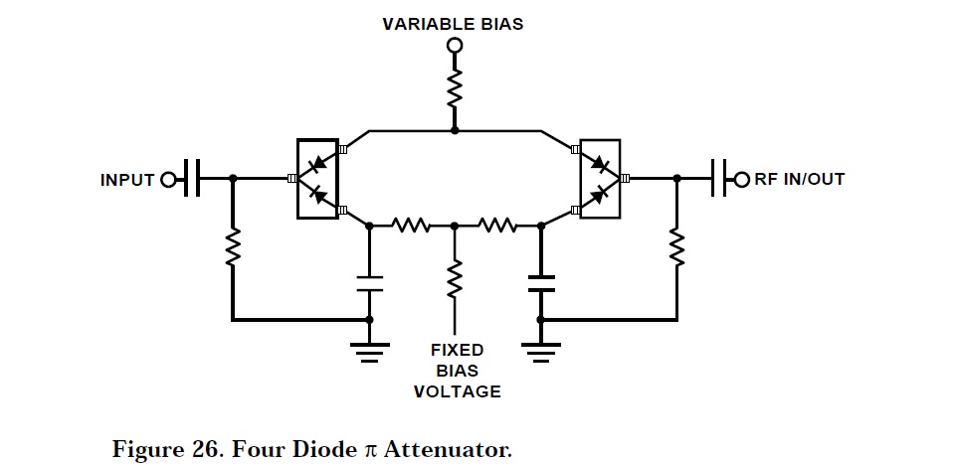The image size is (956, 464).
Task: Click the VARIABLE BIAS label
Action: coord(455,23)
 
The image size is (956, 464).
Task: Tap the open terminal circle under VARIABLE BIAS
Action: coord(455,46)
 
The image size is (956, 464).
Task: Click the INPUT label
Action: coord(127,180)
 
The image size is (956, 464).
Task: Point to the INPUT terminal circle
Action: coord(168,180)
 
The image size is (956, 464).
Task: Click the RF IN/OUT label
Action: coord(800,179)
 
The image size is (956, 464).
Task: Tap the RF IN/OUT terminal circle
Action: coord(740,180)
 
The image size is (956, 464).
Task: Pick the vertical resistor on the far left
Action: coord(233,248)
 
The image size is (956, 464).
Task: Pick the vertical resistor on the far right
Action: coord(677,248)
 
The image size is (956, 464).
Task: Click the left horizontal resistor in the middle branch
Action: coord(411,226)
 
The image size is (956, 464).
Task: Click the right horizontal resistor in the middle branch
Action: coord(497,226)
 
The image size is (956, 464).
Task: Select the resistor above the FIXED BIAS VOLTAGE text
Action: coord(455,278)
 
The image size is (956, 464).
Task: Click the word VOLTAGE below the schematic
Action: coord(458,391)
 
